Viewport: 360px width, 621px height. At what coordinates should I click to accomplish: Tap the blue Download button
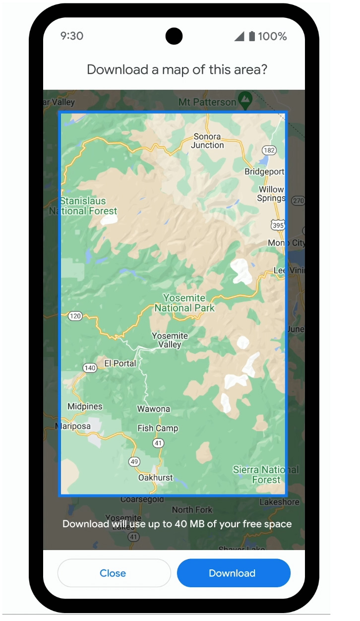click(x=233, y=573)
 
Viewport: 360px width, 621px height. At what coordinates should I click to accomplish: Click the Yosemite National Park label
click(x=184, y=303)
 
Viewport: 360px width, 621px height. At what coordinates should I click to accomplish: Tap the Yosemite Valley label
click(x=170, y=340)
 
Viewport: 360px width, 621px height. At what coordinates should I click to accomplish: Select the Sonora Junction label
click(x=207, y=141)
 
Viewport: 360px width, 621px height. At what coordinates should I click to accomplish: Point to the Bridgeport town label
click(x=264, y=172)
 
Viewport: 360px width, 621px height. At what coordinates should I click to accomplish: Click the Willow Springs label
click(x=271, y=194)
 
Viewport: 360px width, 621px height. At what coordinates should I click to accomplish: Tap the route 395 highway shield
click(x=278, y=225)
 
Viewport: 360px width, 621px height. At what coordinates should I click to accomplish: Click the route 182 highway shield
click(x=269, y=150)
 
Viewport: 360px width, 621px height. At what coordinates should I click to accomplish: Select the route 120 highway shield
click(x=75, y=316)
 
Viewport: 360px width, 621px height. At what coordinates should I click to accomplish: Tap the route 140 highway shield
click(x=90, y=368)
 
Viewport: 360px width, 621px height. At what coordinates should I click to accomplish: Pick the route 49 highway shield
click(x=134, y=462)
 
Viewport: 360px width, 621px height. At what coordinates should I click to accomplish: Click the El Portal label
click(x=120, y=364)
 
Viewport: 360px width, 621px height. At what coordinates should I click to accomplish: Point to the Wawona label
click(x=154, y=409)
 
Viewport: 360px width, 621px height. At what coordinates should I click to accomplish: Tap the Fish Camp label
click(x=158, y=428)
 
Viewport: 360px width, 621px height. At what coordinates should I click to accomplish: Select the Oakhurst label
click(x=156, y=478)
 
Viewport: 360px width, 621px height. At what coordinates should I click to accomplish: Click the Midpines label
click(x=85, y=407)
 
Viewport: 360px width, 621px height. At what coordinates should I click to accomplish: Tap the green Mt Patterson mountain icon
click(x=244, y=100)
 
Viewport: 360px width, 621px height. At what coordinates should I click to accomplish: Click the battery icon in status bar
click(x=252, y=36)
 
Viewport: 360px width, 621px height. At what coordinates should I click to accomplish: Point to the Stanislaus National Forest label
click(x=83, y=206)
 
